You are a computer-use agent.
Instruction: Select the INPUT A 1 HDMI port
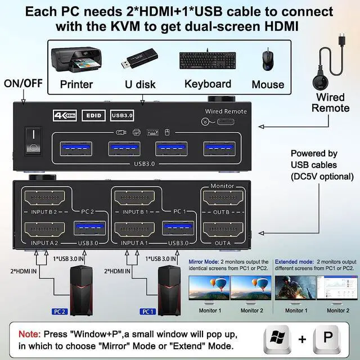(134, 230)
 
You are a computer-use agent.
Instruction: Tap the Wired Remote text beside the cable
(330, 102)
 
